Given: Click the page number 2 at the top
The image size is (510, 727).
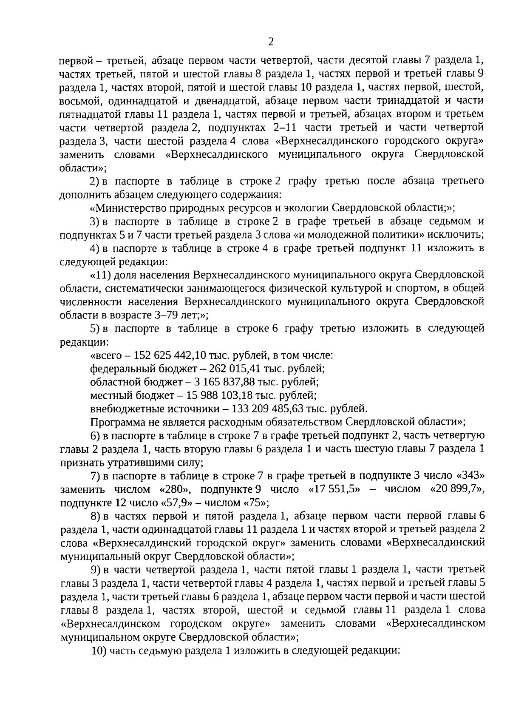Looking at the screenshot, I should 271,42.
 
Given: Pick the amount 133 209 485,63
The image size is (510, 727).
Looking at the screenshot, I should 259,409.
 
